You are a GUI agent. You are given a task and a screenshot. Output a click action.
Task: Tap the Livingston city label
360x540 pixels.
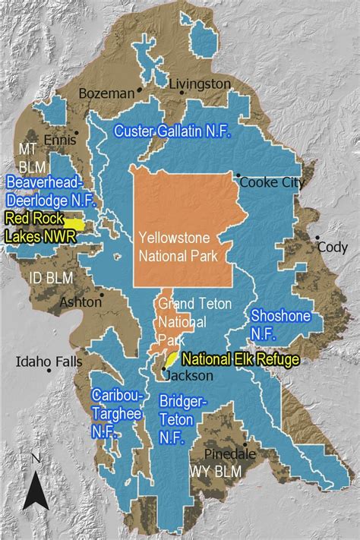pyautogui.click(x=200, y=84)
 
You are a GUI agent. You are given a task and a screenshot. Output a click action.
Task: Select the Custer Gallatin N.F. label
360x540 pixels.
pyautogui.click(x=172, y=131)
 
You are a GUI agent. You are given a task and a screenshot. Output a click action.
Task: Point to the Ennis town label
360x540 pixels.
pyautogui.click(x=55, y=141)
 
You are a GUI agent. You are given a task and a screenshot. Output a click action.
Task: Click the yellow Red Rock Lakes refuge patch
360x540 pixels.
pyautogui.click(x=74, y=224)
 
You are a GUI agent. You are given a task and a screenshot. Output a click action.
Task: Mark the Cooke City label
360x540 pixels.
pyautogui.click(x=272, y=182)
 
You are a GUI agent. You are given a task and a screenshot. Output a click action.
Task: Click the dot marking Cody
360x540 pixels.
pyautogui.click(x=317, y=238)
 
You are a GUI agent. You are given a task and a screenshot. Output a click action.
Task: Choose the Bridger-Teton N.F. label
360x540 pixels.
pyautogui.click(x=183, y=418)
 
